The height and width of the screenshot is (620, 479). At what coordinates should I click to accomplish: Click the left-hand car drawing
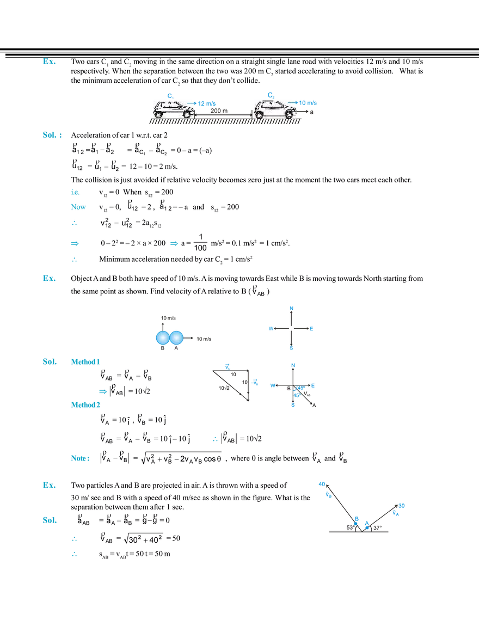(173, 109)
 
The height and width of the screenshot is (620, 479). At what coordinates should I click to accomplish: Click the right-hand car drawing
(276, 109)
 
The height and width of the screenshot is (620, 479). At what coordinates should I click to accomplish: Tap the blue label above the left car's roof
(169, 95)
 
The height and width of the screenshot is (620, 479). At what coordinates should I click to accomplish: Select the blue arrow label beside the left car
(205, 103)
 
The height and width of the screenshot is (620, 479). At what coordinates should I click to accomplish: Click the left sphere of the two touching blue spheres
(162, 338)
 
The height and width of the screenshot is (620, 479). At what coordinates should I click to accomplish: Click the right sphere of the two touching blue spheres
(176, 338)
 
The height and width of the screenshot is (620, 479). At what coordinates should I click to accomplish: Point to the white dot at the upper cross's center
(291, 329)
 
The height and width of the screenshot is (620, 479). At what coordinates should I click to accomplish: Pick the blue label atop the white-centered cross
(292, 309)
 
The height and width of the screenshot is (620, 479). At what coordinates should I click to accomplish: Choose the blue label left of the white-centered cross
(269, 329)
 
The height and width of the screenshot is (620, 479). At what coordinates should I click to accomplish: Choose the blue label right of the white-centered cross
(312, 329)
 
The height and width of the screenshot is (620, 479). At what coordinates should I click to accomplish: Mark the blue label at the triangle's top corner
(228, 365)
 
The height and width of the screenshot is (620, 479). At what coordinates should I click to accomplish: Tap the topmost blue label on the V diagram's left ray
(321, 482)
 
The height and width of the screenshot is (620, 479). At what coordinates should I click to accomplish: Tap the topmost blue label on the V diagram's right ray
(402, 505)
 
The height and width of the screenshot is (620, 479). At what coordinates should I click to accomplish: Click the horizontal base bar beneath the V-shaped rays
(359, 531)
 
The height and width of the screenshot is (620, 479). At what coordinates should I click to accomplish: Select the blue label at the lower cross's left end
(272, 385)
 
